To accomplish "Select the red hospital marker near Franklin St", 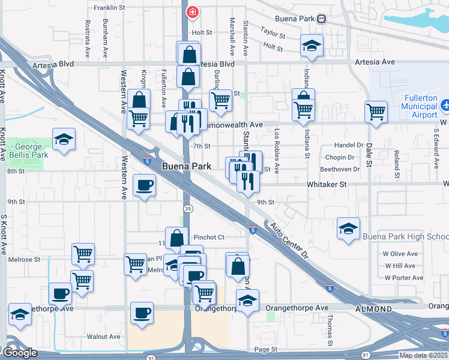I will pyautogui.click(x=193, y=11).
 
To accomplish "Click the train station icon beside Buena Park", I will pyautogui.click(x=322, y=19).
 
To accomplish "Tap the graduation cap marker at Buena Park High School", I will pyautogui.click(x=348, y=229).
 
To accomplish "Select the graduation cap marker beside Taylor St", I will pyautogui.click(x=312, y=46).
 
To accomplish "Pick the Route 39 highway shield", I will pyautogui.click(x=188, y=208).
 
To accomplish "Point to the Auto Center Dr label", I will pyautogui.click(x=288, y=241).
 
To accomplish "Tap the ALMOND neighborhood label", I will pyautogui.click(x=373, y=309).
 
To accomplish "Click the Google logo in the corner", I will pyautogui.click(x=20, y=352).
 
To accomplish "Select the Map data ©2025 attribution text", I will pyautogui.click(x=424, y=355).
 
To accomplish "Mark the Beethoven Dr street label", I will pyautogui.click(x=340, y=169).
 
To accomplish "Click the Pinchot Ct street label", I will pyautogui.click(x=208, y=237).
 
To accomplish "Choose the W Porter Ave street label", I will pyautogui.click(x=404, y=278).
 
